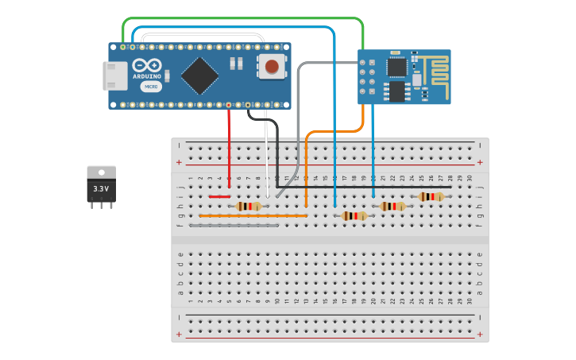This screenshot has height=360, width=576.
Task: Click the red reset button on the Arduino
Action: [x=272, y=66]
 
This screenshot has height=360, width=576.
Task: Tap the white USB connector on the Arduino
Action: [x=114, y=75]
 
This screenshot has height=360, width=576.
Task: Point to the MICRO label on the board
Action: [x=151, y=86]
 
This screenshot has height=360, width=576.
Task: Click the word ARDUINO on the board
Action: [x=147, y=76]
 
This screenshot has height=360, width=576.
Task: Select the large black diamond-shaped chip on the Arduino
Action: [x=200, y=75]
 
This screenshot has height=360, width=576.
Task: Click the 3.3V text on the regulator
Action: [x=101, y=188]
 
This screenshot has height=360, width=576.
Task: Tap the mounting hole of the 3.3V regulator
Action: [x=101, y=172]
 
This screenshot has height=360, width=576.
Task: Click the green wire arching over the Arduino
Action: [x=238, y=18]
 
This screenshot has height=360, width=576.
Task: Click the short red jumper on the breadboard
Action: [x=219, y=196]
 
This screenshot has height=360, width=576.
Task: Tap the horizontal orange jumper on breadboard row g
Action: [x=253, y=215]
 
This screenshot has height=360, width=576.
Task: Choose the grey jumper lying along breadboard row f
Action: [x=234, y=225]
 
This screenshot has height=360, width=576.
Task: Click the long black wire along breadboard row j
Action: [x=358, y=187]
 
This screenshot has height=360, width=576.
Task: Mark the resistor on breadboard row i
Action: [x=431, y=196]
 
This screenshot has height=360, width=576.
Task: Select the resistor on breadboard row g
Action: [x=354, y=215]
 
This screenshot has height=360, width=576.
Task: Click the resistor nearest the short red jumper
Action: [x=249, y=206]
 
